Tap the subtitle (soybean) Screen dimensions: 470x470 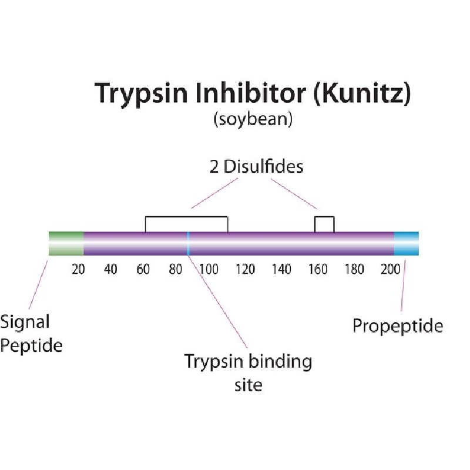[x=253, y=120]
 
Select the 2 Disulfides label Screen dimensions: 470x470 [x=256, y=167]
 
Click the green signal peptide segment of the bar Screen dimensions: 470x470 [x=66, y=243]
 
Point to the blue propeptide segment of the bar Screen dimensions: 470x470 [x=407, y=243]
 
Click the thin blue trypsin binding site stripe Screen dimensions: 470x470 [x=188, y=243]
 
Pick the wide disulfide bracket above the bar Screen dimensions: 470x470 [x=186, y=216]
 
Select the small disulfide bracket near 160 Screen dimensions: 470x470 [x=324, y=217]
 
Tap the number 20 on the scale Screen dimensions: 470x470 [x=78, y=269]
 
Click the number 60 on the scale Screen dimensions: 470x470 [x=143, y=269]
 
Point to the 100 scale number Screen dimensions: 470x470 [x=209, y=269]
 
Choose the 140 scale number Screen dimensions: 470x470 [x=281, y=269]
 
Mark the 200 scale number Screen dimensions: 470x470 [x=391, y=269]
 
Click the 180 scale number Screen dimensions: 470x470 [x=354, y=269]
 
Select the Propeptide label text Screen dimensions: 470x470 [x=398, y=327]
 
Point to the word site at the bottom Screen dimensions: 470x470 [x=248, y=385]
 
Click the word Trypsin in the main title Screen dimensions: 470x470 [x=141, y=94]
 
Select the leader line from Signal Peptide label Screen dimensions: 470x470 [x=38, y=285]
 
